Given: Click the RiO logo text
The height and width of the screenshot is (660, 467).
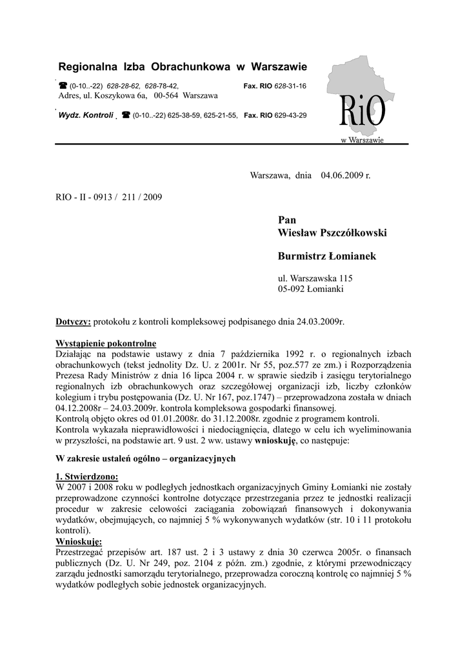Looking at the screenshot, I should (363, 114).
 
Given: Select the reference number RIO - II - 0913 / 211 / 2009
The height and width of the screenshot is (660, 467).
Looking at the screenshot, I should (109, 197).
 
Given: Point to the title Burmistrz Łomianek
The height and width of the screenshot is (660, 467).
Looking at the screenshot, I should (326, 257).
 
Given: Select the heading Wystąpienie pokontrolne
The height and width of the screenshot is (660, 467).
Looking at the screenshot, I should (106, 343).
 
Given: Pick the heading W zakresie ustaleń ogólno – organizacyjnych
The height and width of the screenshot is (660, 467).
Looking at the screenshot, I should (146, 459).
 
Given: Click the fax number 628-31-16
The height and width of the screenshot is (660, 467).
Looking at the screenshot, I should (290, 86).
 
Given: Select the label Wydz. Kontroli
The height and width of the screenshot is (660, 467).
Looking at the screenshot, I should (86, 115).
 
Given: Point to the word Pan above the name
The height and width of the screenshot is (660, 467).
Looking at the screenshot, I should (286, 220).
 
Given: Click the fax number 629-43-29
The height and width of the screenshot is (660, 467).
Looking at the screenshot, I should (291, 115).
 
